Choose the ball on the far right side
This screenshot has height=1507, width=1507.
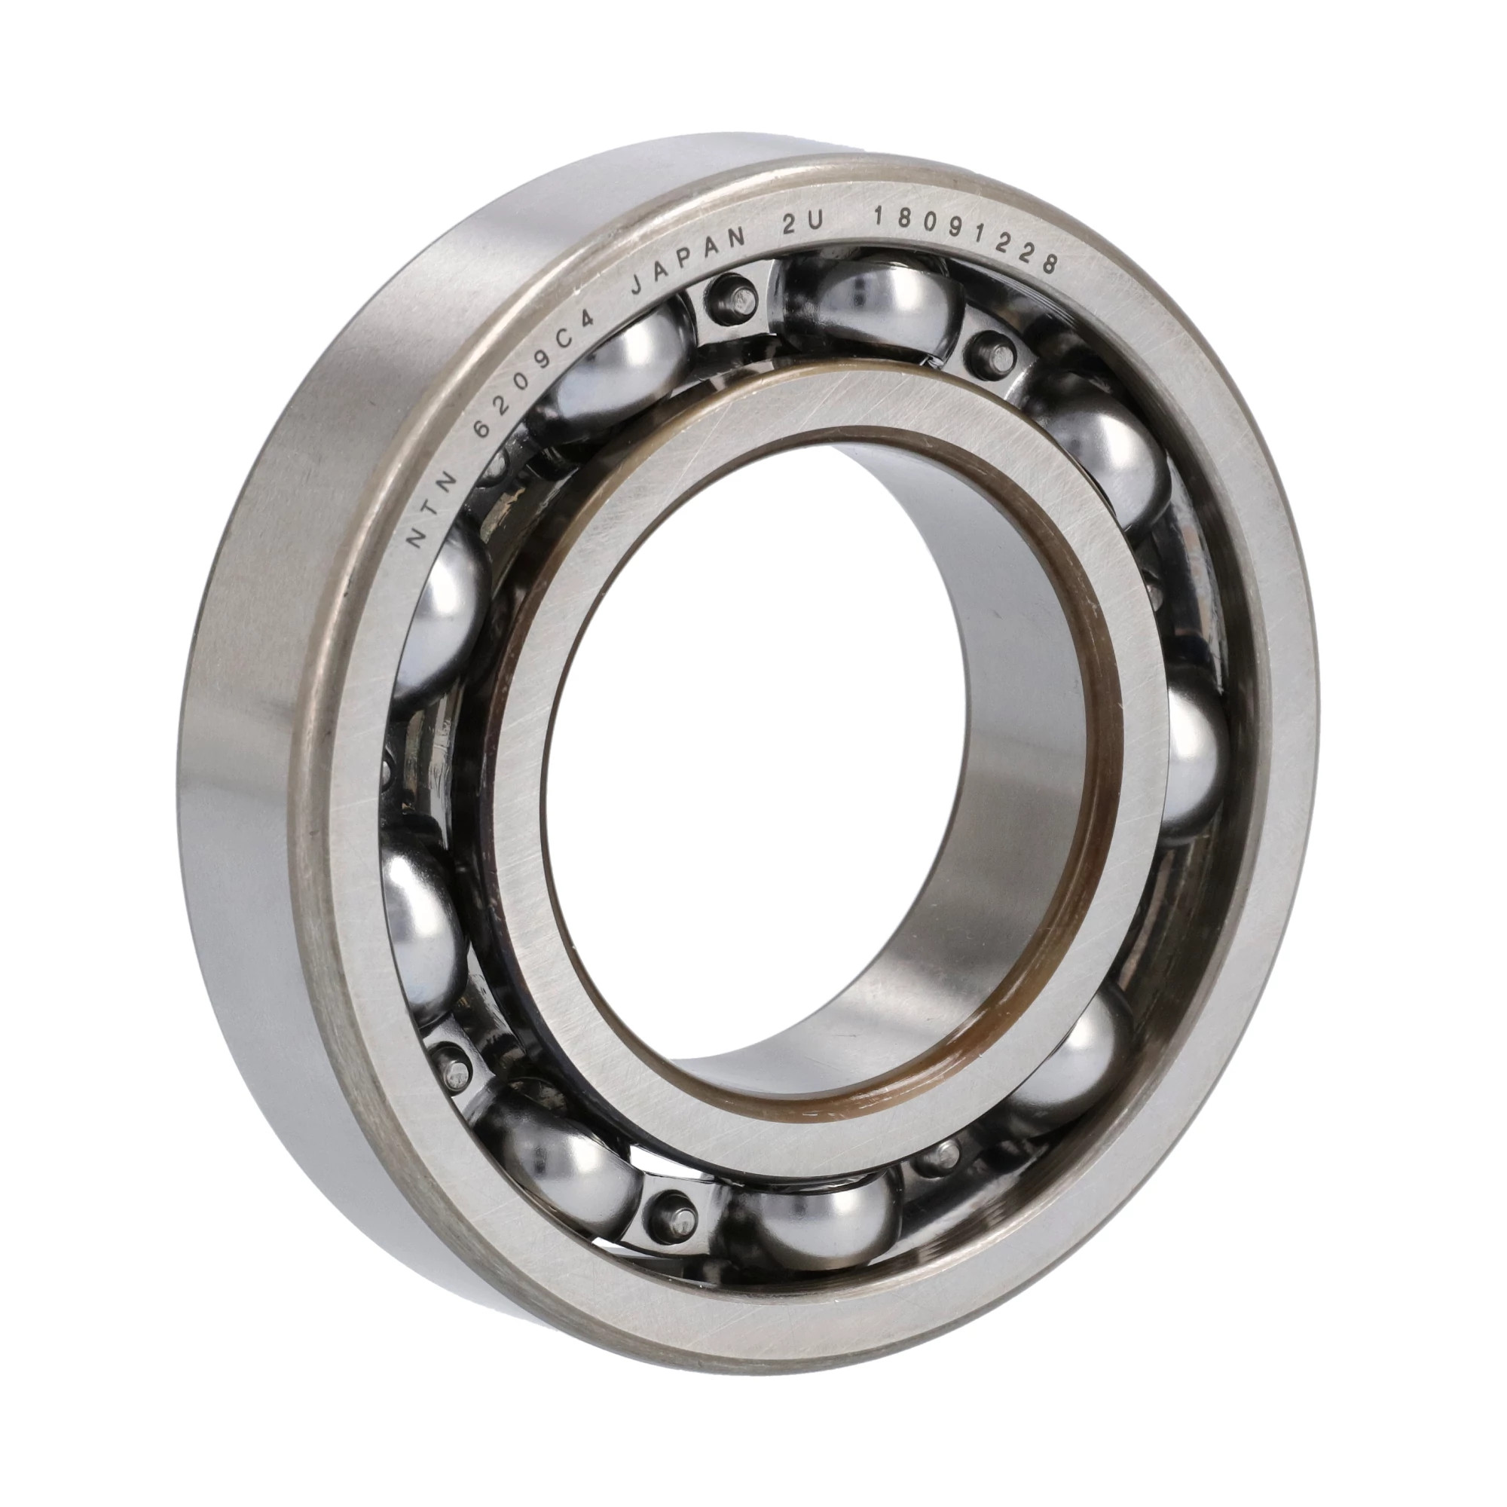click(1190, 760)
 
